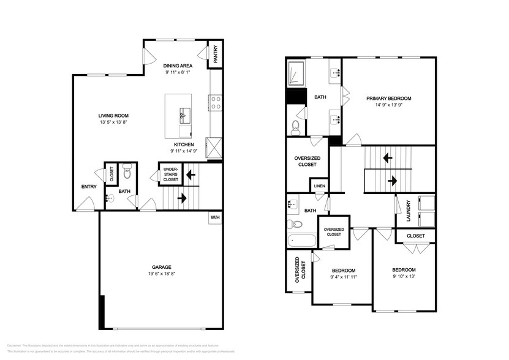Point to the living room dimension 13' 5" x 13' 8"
[113, 122]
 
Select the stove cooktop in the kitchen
[215, 102]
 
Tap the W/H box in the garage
[214, 217]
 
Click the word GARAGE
[162, 267]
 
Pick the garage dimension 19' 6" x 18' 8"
[162, 275]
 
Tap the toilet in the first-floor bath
[127, 173]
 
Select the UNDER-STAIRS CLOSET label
[171, 174]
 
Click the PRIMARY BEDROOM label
[388, 98]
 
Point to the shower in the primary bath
[296, 74]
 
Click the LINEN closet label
[319, 186]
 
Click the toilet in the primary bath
[296, 126]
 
